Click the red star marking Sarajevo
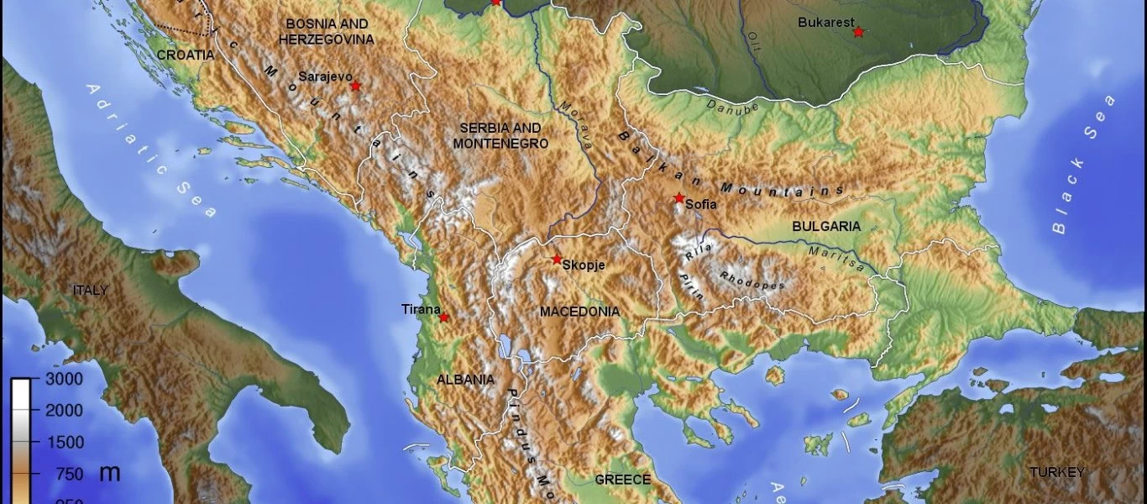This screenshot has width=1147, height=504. (x=355, y=86)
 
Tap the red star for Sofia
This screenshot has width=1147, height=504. (x=678, y=198)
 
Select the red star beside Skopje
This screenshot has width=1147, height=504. (x=557, y=260)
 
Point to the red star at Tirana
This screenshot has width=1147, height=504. (x=443, y=318)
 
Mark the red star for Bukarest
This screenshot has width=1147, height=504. (x=858, y=32)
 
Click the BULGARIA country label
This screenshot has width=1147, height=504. (x=826, y=227)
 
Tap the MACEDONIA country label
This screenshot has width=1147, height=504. (x=579, y=312)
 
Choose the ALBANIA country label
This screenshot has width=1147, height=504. (x=465, y=380)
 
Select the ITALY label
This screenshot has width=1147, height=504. (x=90, y=291)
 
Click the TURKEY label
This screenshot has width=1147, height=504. (x=1059, y=472)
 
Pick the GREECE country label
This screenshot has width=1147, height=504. (x=622, y=480)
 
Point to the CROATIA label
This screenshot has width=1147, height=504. (x=186, y=55)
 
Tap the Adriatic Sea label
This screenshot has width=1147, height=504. (x=150, y=150)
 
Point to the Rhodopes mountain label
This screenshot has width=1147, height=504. (x=752, y=281)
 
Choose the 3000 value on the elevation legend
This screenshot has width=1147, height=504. (x=63, y=379)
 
